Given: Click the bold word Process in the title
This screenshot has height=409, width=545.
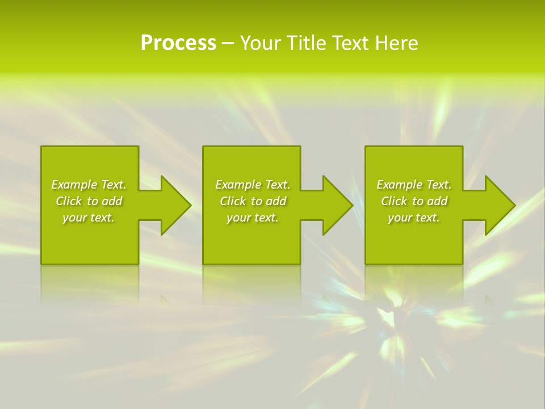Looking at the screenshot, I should coord(178,43).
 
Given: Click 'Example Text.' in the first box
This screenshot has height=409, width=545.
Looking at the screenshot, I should coord(89,185).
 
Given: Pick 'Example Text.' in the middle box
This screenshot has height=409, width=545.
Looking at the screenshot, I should coord(253,185).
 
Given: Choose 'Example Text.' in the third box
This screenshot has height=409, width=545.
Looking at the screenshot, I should coord(414,185).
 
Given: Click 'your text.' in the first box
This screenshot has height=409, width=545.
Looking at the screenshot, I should coord(89,218).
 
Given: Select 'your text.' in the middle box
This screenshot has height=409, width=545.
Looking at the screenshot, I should coord(253,218).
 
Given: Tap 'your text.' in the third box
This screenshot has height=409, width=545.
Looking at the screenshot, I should coord(414,218).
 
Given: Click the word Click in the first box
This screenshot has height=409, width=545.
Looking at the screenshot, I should coord(69,201).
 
